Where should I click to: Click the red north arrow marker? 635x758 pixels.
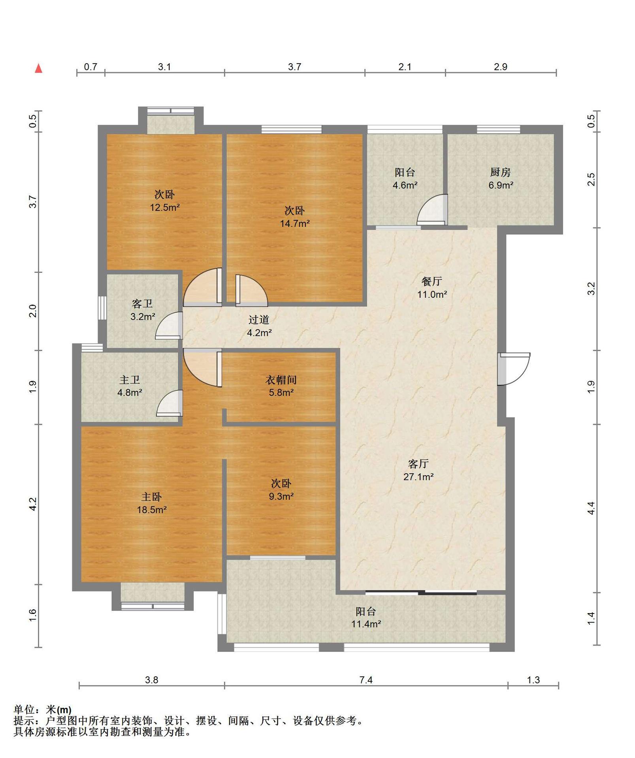tap(39, 68)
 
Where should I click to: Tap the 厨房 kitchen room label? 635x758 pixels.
tap(500, 172)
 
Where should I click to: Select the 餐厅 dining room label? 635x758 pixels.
tap(431, 281)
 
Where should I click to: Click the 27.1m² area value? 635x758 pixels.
tap(418, 477)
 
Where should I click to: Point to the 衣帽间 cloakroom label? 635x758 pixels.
tap(281, 380)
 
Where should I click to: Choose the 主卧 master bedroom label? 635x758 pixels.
tap(151, 497)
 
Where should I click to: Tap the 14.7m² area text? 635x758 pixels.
tap(295, 223)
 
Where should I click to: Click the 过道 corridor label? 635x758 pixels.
tap(259, 320)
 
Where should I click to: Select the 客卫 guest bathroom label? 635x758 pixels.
tap(142, 304)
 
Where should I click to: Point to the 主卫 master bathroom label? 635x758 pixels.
tap(130, 380)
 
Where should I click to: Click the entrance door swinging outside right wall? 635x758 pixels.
tap(514, 369)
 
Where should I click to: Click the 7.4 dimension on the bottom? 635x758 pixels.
tap(366, 680)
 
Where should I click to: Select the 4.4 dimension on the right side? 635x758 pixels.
tap(591, 508)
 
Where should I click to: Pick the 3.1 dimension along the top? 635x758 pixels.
tap(164, 67)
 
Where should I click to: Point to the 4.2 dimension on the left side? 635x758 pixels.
tap(33, 504)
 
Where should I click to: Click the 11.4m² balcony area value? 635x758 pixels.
tap(366, 624)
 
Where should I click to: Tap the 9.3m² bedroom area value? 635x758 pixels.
tap(281, 497)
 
